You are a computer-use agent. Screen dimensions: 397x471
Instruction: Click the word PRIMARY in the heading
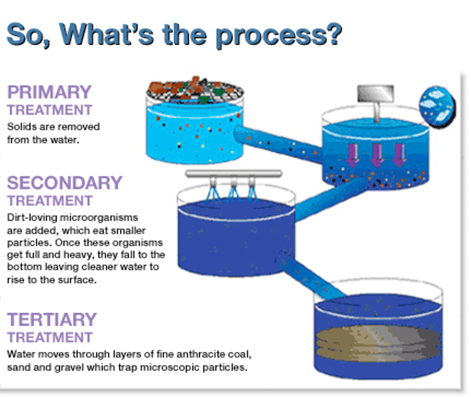pyautogui.click(x=50, y=92)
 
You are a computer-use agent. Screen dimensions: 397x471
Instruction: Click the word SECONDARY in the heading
pyautogui.click(x=65, y=183)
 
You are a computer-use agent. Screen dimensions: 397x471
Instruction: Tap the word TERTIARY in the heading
pyautogui.click(x=52, y=320)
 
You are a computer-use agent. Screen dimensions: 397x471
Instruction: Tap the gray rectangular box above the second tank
pyautogui.click(x=375, y=93)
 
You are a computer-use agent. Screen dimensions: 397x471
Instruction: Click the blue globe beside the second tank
pyautogui.click(x=437, y=107)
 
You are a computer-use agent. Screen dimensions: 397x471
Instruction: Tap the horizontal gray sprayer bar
pyautogui.click(x=234, y=173)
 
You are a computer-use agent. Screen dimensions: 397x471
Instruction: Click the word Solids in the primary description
pyautogui.click(x=20, y=127)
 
